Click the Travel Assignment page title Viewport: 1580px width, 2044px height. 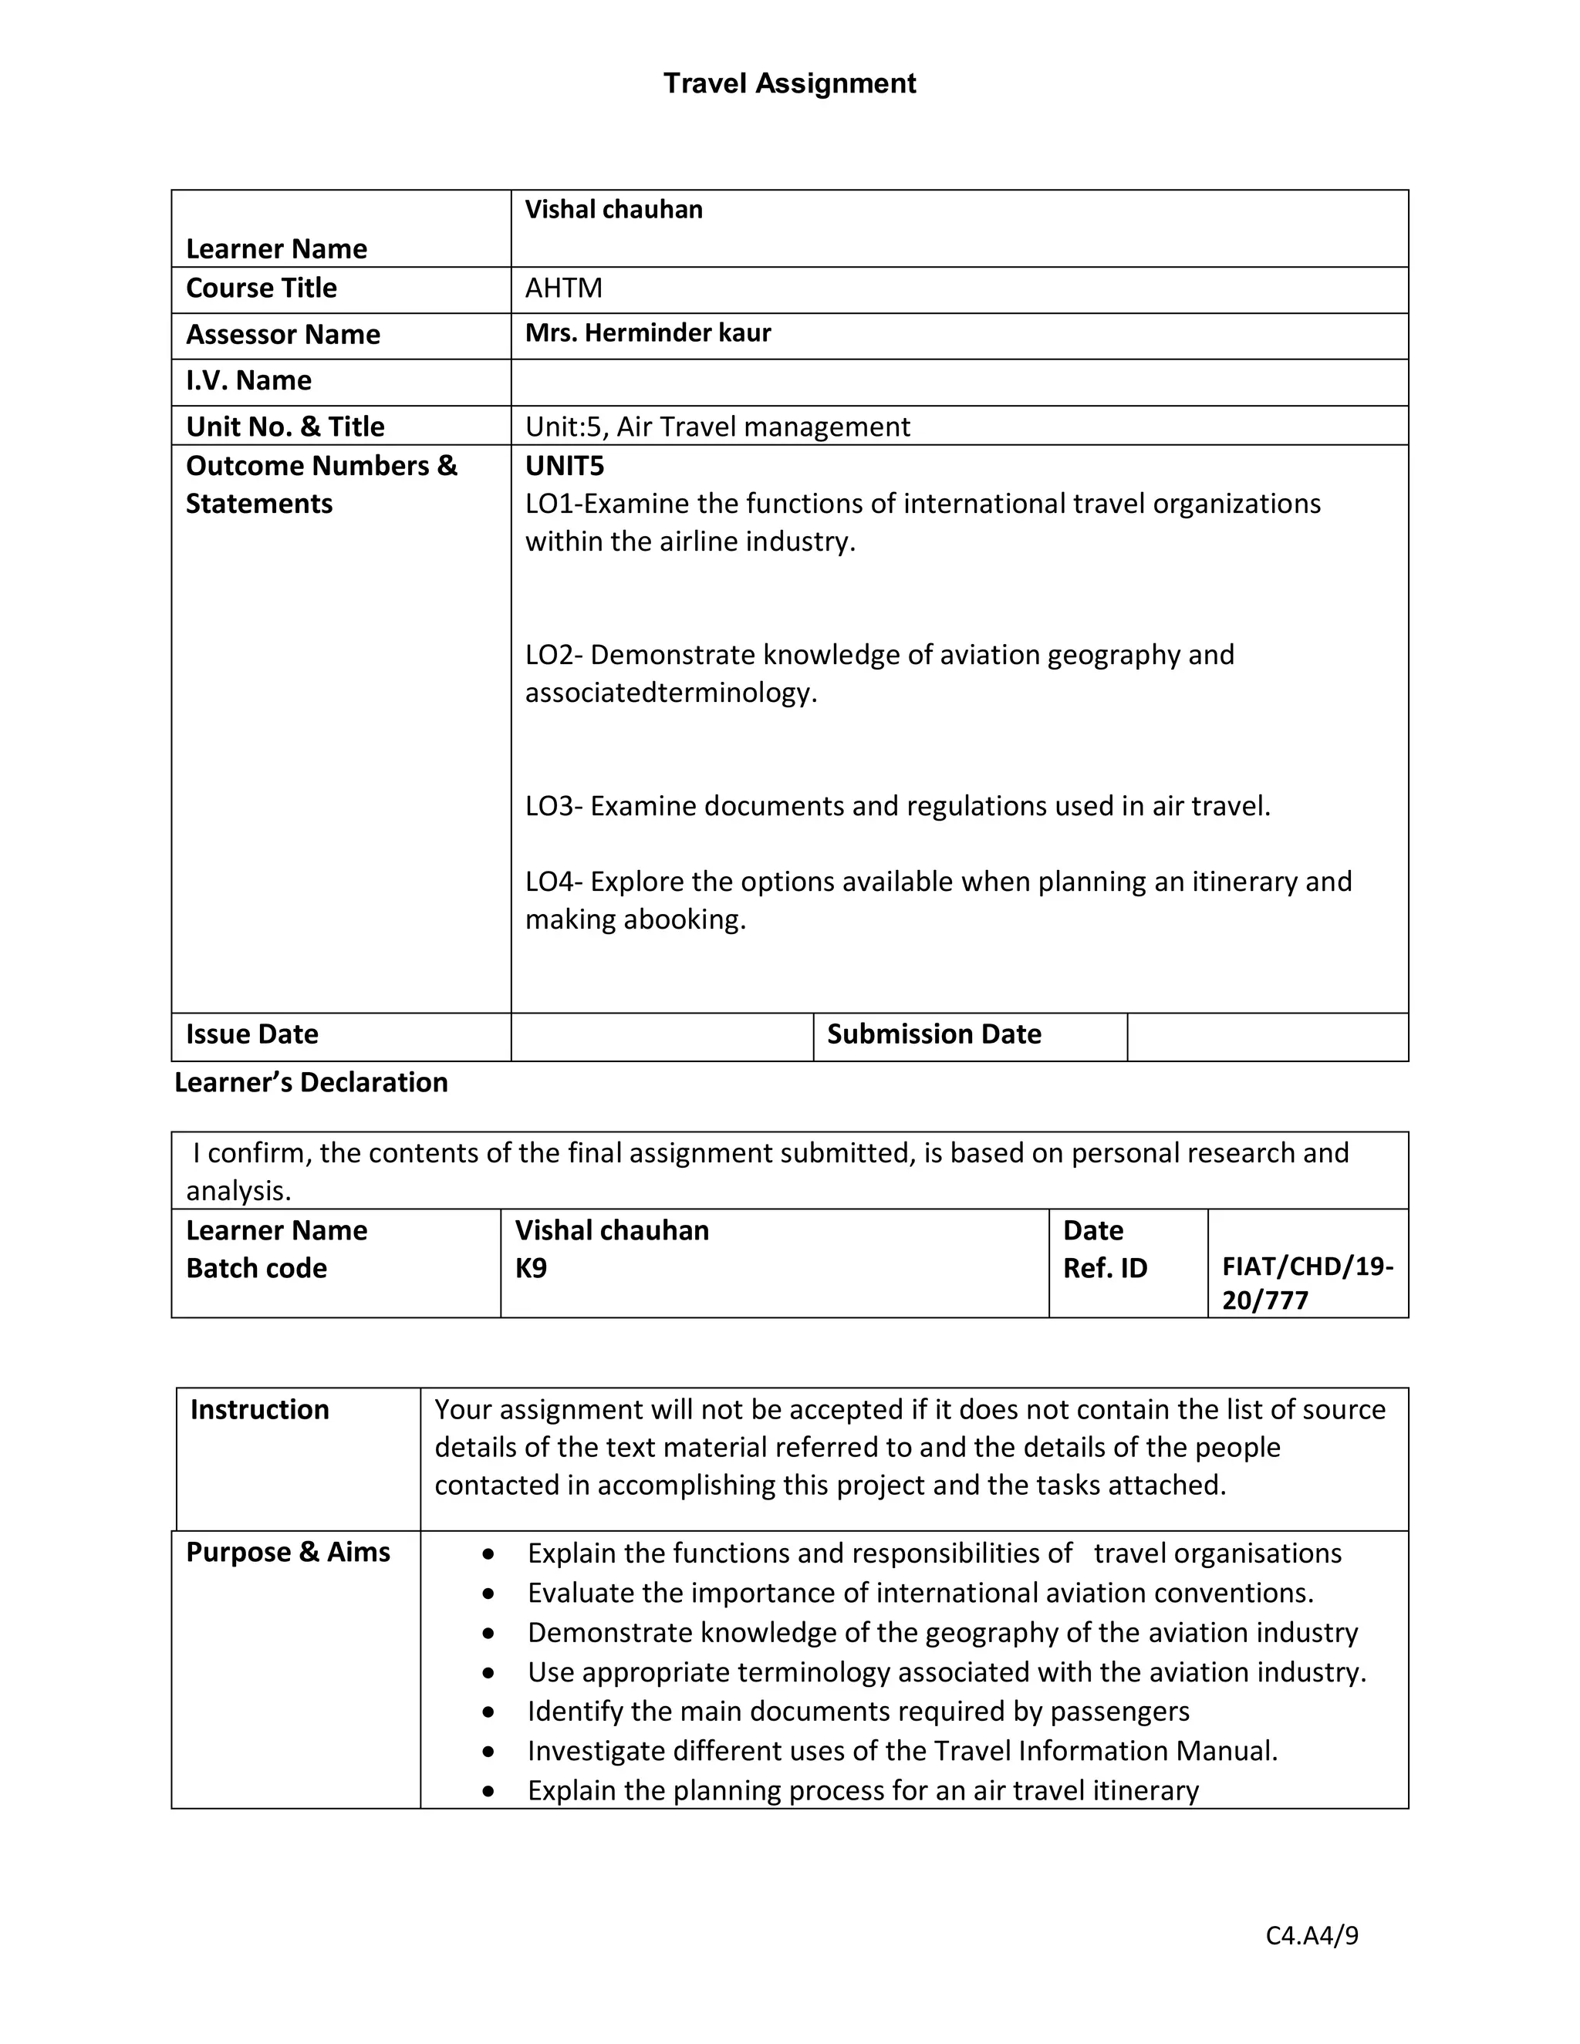click(x=789, y=83)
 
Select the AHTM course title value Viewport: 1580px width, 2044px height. click(x=563, y=288)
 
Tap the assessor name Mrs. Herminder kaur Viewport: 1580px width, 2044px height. click(x=648, y=333)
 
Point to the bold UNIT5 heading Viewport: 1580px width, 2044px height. click(x=565, y=465)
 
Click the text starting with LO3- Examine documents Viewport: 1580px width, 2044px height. click(x=896, y=806)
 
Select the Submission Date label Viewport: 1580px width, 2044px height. click(x=933, y=1034)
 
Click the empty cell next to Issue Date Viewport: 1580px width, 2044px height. click(x=661, y=1036)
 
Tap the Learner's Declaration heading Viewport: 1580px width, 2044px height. click(x=311, y=1083)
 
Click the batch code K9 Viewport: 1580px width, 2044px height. click(x=531, y=1269)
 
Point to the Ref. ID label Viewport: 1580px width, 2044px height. click(x=1105, y=1269)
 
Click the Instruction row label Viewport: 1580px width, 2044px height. click(x=259, y=1409)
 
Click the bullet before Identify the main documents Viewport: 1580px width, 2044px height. click(x=488, y=1712)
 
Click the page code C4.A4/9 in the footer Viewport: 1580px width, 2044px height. click(x=1312, y=1935)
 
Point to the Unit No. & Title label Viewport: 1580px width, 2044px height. click(x=285, y=427)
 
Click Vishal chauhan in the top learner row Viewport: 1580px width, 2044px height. click(x=613, y=210)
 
